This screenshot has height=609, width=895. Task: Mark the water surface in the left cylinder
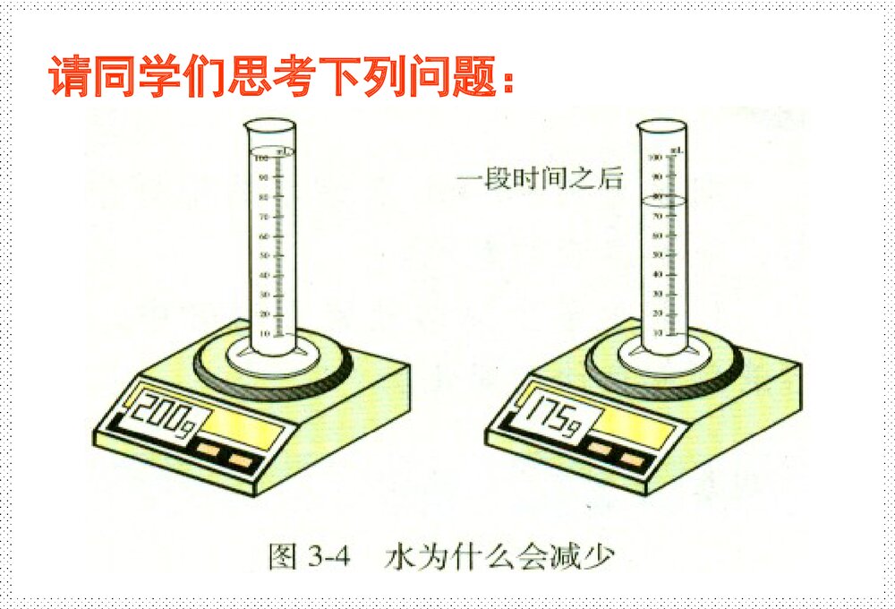(273, 149)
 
